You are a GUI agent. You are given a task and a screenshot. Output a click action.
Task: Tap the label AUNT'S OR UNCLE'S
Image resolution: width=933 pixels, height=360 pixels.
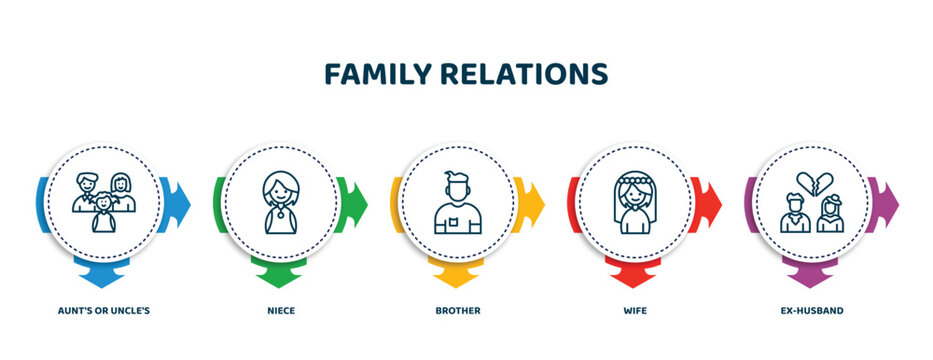pos(104,311)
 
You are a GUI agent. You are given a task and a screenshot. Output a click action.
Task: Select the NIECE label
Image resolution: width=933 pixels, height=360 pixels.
pos(280,311)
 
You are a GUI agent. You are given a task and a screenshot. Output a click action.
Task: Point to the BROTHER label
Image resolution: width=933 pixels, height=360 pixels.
pos(457,311)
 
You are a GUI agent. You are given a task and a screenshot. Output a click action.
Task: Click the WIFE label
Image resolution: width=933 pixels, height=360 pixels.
pos(635,311)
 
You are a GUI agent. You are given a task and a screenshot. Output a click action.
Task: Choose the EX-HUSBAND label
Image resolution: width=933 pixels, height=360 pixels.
pos(812,311)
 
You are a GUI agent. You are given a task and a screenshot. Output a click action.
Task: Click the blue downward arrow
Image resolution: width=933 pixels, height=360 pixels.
pos(104,272)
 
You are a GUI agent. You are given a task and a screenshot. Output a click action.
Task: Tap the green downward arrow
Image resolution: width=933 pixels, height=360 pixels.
pos(281,272)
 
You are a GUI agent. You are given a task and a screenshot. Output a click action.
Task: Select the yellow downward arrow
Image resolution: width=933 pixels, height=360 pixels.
pos(457,272)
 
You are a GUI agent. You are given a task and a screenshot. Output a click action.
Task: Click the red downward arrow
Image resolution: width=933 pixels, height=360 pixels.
pos(635,272)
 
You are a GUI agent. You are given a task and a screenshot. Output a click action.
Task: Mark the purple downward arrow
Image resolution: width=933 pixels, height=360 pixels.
pos(812,272)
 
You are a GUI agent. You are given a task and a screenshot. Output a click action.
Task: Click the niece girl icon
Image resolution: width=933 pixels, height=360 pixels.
pos(280,203)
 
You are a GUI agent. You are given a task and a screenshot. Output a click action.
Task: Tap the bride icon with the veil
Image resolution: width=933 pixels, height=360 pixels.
pos(635,203)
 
